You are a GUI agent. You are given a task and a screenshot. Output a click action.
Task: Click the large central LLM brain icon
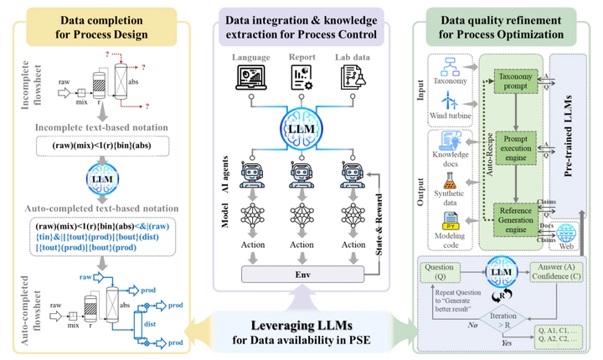[x=301, y=131]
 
